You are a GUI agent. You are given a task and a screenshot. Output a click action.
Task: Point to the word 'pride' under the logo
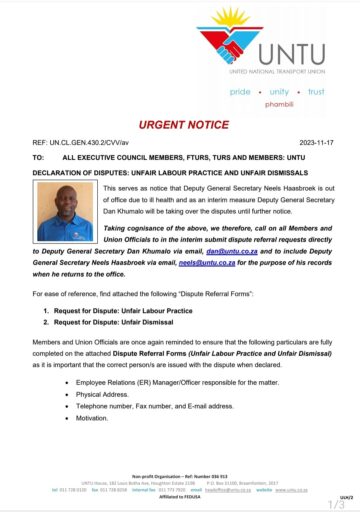click(241, 91)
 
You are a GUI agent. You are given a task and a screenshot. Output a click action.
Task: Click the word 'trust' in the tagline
click(316, 91)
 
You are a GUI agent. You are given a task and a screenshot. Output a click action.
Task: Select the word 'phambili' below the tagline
click(278, 103)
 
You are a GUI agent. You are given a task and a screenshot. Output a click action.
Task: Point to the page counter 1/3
click(336, 503)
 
